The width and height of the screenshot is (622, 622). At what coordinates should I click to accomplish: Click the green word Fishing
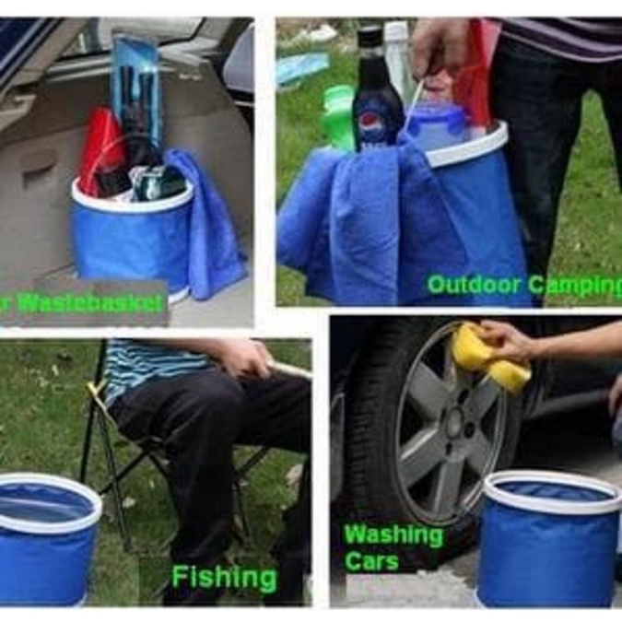pyautogui.click(x=224, y=578)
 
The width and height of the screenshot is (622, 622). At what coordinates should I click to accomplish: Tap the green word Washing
pyautogui.click(x=393, y=535)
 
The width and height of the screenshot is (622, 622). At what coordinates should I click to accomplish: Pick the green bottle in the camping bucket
pyautogui.click(x=338, y=115)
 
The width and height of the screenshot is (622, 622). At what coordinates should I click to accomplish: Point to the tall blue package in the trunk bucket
pyautogui.click(x=136, y=88)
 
